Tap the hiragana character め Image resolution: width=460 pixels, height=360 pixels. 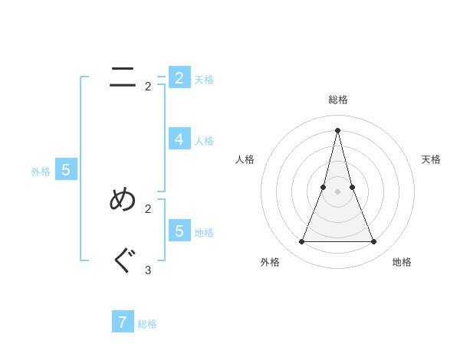pos(123,200)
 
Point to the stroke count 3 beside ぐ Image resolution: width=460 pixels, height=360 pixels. pos(148,270)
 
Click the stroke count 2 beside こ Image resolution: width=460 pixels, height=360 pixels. pos(148,87)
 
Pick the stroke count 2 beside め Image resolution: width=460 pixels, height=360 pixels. pos(148,208)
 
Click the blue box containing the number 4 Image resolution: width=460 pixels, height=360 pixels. pos(179,139)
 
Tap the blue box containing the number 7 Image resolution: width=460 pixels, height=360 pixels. pos(123,322)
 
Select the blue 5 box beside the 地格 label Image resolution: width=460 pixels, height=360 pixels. pos(179,231)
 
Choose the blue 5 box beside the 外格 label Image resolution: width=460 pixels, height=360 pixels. pos(66,170)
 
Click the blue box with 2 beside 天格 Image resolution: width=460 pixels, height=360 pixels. pos(179,77)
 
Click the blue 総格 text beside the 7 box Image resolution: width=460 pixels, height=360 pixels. pos(147,324)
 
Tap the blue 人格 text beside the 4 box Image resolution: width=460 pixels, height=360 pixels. pos(204,141)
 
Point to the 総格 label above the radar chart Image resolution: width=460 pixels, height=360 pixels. pos(338,100)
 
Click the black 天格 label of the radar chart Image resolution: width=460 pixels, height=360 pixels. pos(431,159)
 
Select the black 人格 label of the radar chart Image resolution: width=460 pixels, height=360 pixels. pos(245,159)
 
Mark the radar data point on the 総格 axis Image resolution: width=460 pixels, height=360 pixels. pos(338,129)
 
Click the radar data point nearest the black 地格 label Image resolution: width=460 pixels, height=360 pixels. pos(374,241)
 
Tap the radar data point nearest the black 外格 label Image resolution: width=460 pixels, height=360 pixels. pos(301,241)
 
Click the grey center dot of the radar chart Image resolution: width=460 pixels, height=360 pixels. pos(338,191)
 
